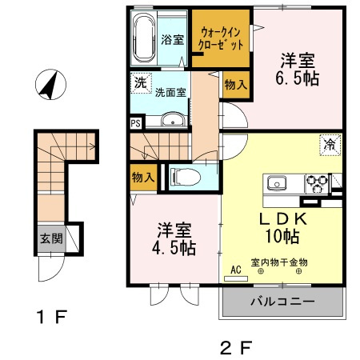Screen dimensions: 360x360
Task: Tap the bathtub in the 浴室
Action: tap(146, 39)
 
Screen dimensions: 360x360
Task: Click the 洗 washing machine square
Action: tap(140, 82)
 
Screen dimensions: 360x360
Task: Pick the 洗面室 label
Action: tap(170, 92)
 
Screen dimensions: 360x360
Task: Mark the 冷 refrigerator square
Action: tap(330, 144)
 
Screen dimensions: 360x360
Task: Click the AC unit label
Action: tap(236, 270)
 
